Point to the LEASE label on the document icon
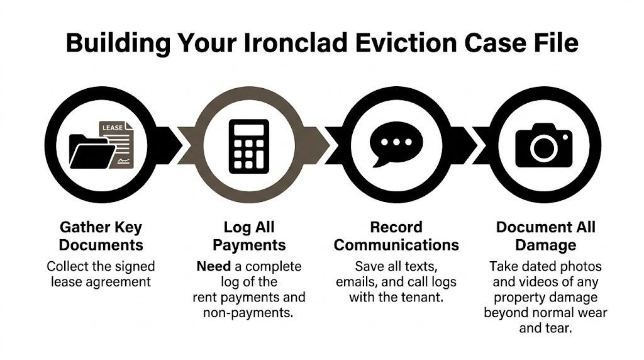point(113,128)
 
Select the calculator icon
point(249,146)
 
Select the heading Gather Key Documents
point(101,236)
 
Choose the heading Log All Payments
point(249,236)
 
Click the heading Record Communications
point(396,236)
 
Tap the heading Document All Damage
point(545,236)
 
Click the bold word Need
point(213,266)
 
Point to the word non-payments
point(249,312)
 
